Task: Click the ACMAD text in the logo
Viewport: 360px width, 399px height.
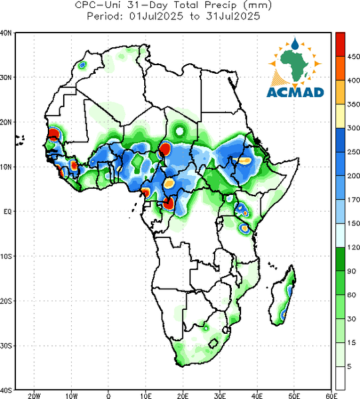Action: (x=295, y=92)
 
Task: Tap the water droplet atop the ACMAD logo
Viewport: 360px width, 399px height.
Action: (x=295, y=44)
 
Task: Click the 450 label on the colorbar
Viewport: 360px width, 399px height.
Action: (x=353, y=57)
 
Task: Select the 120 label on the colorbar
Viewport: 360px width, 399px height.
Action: (x=353, y=247)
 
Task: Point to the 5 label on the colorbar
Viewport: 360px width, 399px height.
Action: (x=349, y=366)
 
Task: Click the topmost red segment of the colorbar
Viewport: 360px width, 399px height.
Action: (x=340, y=45)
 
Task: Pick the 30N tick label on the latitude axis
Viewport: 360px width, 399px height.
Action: (x=5, y=77)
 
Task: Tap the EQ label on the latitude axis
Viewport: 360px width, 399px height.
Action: (x=7, y=211)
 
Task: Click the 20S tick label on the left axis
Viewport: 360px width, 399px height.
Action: (x=6, y=301)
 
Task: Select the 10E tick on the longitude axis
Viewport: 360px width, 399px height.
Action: (x=145, y=396)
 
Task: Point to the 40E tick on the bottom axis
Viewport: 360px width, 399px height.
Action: (x=257, y=396)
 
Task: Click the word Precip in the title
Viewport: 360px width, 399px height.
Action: (x=220, y=5)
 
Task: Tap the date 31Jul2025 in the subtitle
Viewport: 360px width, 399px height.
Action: (x=233, y=16)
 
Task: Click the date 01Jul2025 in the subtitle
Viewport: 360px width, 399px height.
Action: (x=156, y=16)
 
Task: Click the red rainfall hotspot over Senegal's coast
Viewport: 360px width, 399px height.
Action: (x=54, y=133)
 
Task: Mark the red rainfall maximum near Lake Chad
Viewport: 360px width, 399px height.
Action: (x=165, y=149)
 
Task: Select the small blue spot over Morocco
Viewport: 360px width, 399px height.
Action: (x=82, y=65)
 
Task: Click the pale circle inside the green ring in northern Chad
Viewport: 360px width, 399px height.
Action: (x=179, y=131)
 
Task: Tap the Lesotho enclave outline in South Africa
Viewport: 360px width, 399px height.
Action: (x=213, y=343)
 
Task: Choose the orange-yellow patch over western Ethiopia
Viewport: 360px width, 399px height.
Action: (x=245, y=160)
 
